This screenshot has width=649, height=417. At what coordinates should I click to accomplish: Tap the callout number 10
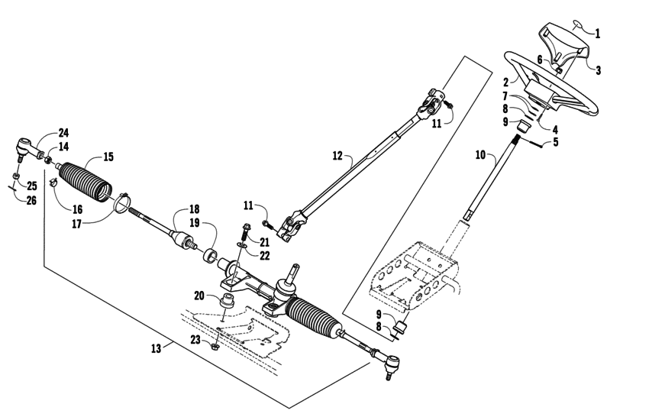coord(479,155)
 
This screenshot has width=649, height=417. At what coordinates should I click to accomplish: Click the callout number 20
coord(199,296)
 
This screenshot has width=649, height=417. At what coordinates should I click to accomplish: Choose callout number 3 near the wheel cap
coord(598,70)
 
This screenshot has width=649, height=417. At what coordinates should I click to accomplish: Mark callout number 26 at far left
coord(31,202)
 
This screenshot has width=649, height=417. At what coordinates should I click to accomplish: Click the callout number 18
coord(194,208)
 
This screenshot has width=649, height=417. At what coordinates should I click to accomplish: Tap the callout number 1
coord(597,34)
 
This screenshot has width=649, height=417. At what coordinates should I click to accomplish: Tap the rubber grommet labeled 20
coord(226,301)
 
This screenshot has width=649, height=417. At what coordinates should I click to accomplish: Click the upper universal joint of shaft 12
coord(431,102)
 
